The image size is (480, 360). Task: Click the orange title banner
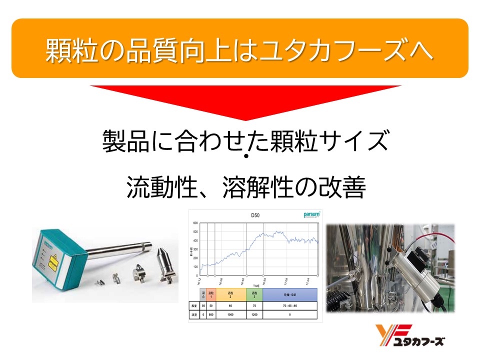point(240,48)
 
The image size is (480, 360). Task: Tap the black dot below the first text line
point(246,156)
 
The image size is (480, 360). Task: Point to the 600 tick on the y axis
point(196,223)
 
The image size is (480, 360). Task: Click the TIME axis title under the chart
point(256,285)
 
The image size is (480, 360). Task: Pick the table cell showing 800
point(211,315)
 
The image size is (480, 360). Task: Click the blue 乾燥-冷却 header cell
point(290,293)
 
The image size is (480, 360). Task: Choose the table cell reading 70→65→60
point(290,305)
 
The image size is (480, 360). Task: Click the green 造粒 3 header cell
point(254,293)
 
